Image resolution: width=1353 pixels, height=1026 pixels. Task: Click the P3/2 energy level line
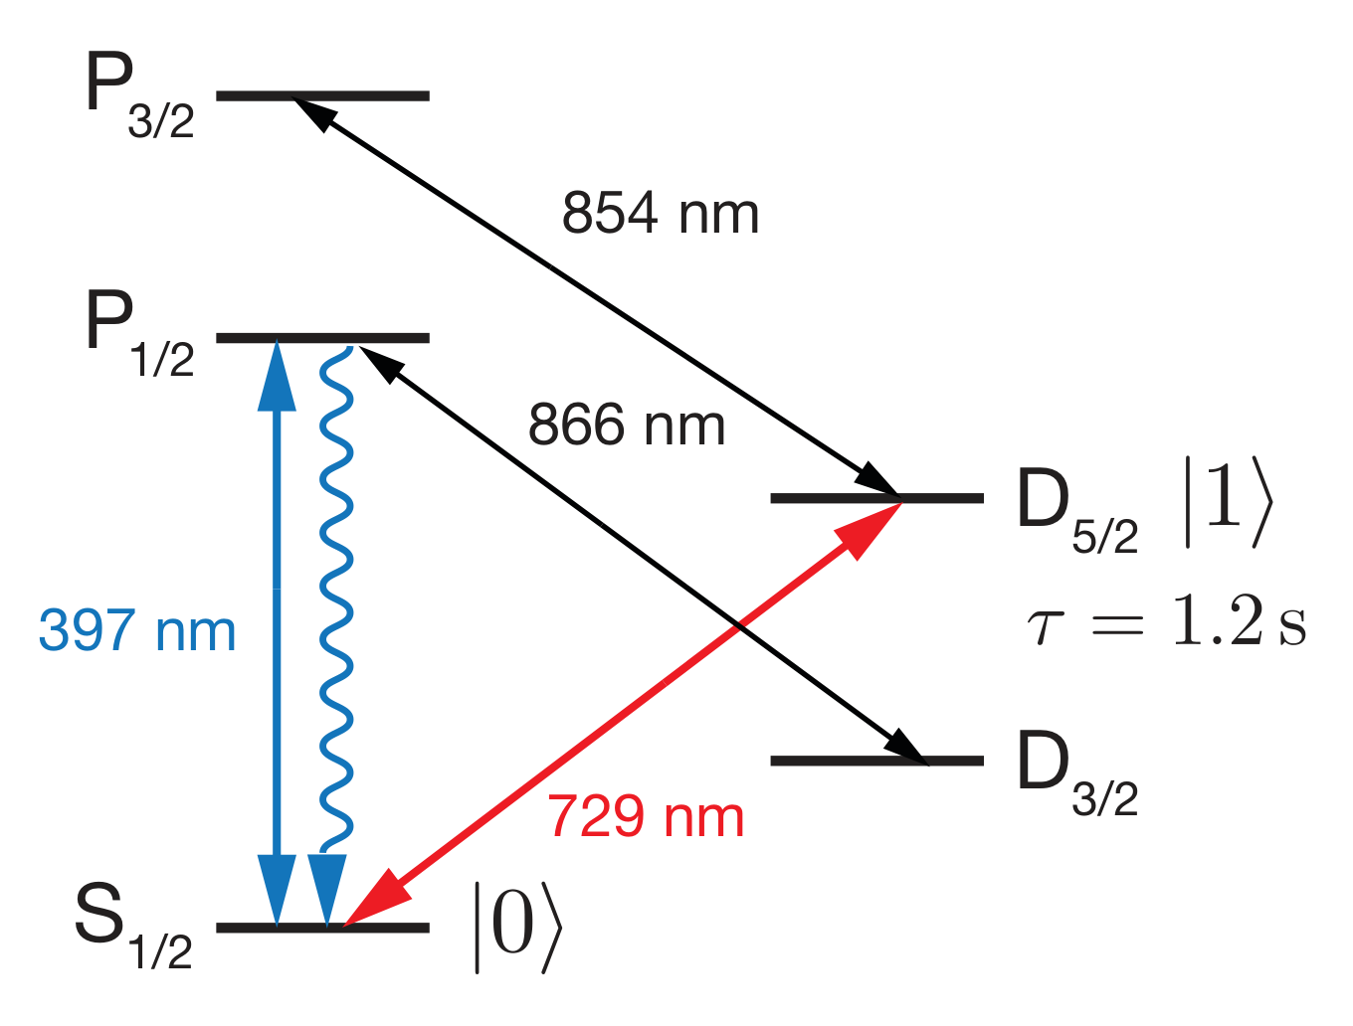[322, 95]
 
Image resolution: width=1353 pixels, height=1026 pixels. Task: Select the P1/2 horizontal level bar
[322, 337]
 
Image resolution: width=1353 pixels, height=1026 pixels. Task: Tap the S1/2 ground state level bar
[322, 928]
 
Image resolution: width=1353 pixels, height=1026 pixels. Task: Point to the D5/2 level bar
[876, 498]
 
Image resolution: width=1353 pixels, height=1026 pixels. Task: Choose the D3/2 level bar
[876, 761]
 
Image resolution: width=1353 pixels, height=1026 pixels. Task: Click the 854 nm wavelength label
[661, 213]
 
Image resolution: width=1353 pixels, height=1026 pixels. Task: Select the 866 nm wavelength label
[627, 425]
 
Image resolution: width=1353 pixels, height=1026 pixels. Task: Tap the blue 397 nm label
[137, 630]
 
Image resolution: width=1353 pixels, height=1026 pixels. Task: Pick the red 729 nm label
[646, 816]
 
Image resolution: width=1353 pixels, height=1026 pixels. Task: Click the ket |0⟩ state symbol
[517, 928]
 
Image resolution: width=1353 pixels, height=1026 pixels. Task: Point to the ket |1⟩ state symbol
[1228, 501]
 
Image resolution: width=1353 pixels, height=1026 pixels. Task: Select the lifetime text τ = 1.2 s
[1166, 620]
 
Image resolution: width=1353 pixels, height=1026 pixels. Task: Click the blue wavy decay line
[336, 598]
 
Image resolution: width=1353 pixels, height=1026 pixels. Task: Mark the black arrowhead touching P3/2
[315, 114]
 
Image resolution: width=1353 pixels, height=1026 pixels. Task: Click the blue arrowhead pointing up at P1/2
[277, 375]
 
